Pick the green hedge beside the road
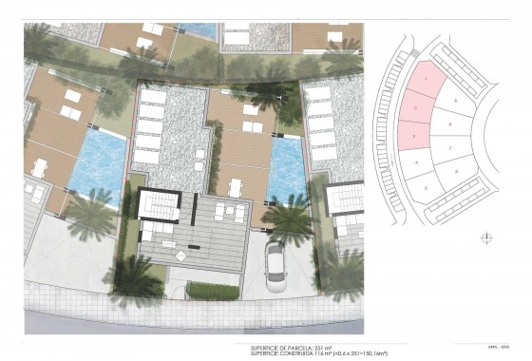pyautogui.click(x=212, y=290)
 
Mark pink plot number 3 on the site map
pyautogui.click(x=415, y=137)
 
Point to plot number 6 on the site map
pyautogui.click(x=456, y=172)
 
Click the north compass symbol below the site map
pyautogui.click(x=486, y=237)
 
